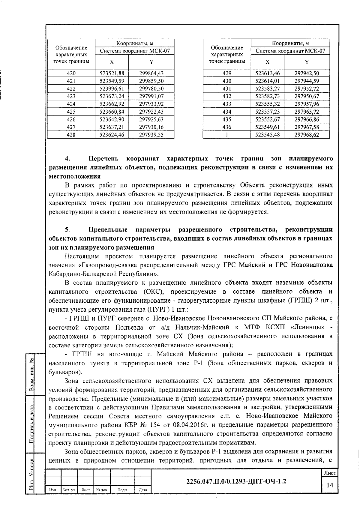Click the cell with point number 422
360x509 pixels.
[x=71, y=88]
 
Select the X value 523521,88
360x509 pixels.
[x=112, y=73]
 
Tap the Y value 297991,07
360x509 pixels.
[x=151, y=96]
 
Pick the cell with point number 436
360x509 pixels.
[x=227, y=127]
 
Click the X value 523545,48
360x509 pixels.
[x=267, y=135]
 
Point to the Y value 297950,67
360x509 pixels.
[x=307, y=96]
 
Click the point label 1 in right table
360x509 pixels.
[x=227, y=135]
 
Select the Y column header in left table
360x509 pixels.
[x=151, y=62]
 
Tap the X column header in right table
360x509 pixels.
[x=267, y=62]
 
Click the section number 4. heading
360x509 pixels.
[x=68, y=158]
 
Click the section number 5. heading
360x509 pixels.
[x=68, y=230]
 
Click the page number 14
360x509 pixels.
[x=330, y=485]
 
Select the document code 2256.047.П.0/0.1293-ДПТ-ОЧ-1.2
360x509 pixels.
[x=236, y=481]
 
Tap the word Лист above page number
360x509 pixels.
[x=330, y=473]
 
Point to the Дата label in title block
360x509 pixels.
[x=143, y=490]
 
